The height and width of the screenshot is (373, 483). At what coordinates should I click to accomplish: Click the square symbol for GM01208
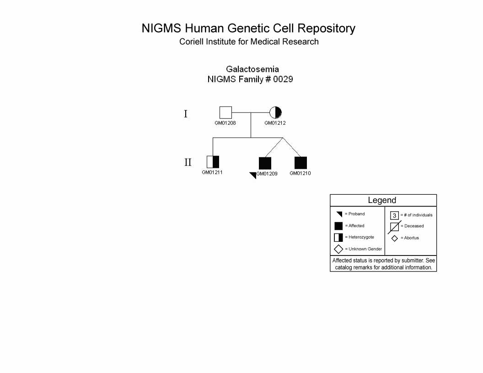pos(225,112)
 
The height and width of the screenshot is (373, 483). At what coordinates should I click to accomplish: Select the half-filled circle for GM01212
pos(275,112)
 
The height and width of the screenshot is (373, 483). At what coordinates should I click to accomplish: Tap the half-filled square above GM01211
pos(213,162)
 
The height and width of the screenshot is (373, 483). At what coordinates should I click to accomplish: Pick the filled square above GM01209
pos(265,163)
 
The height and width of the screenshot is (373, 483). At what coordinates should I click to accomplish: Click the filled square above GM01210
pos(301,163)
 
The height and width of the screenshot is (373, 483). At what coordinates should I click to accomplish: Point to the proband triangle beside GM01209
pos(253,175)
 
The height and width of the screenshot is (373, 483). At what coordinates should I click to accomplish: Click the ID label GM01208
pos(225,123)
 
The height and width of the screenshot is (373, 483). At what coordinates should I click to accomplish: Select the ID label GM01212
pos(275,123)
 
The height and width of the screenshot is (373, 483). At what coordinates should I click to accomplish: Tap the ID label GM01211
pos(212,172)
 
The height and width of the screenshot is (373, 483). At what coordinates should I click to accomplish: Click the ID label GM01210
pos(301,173)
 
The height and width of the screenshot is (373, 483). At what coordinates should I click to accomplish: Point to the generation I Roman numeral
pos(186,114)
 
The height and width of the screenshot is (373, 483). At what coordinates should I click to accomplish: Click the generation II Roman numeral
pos(188,162)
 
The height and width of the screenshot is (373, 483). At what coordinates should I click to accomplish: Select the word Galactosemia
pos(252,69)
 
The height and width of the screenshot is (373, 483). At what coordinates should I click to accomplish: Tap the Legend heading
pos(382,200)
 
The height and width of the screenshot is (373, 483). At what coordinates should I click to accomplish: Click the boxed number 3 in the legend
pos(395,215)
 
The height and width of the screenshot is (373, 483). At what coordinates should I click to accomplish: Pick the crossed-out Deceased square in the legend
pos(395,227)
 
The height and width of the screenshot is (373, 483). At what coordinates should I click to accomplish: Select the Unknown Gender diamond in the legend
pos(338,249)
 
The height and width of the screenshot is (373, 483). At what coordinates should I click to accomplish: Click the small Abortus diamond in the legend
pos(395,238)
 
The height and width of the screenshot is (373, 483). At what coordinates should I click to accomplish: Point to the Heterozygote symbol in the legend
pos(338,238)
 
